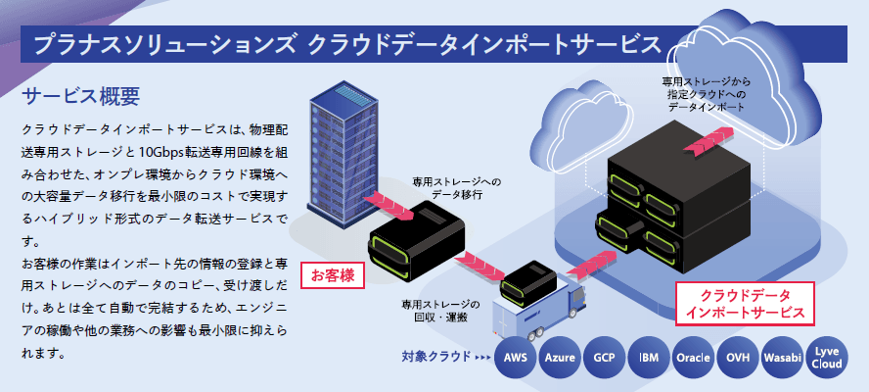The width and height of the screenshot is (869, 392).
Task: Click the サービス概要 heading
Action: [x=81, y=96]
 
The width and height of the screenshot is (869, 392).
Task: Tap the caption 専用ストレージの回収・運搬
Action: [x=441, y=312]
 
